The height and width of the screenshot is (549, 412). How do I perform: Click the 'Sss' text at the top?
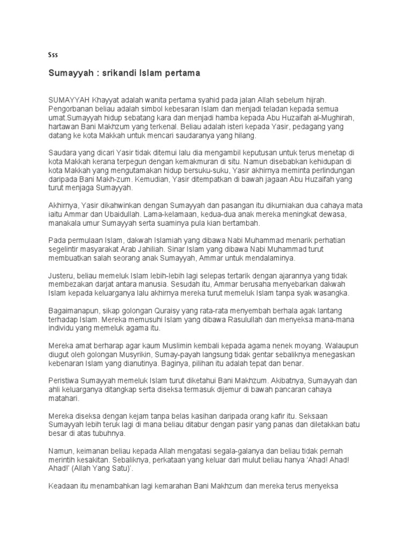pyautogui.click(x=53, y=55)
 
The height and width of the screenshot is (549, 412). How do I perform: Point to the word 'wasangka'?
pyautogui.click(x=329, y=293)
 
